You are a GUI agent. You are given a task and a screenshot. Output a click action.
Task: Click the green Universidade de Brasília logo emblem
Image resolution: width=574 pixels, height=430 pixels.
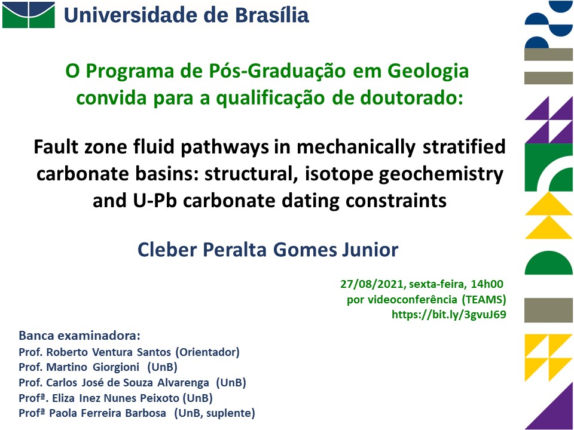[x=29, y=15]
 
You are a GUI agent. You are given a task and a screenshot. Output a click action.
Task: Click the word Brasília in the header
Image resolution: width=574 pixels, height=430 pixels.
[x=272, y=16]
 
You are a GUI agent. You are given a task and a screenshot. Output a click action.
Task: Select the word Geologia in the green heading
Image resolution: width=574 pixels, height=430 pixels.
[x=428, y=72]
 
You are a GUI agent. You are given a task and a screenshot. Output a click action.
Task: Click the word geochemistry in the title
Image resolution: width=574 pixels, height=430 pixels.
[x=441, y=174]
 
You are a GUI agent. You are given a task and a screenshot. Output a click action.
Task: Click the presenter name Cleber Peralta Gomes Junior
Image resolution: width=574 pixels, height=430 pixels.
[x=268, y=250]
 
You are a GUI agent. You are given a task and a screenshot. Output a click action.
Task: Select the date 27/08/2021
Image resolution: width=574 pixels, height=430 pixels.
[x=372, y=284]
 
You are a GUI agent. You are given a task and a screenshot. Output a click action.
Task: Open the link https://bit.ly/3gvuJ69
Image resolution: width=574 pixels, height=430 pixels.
[x=449, y=315]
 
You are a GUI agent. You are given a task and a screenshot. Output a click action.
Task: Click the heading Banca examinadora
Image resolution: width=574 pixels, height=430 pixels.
[x=80, y=336]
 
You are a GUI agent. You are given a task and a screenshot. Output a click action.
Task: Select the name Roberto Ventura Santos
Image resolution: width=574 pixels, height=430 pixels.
[x=109, y=352]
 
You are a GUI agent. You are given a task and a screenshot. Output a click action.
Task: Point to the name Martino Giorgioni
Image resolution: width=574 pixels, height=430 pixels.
[x=93, y=367]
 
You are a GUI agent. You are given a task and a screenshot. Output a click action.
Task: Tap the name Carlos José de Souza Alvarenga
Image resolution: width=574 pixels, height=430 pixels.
[x=128, y=382]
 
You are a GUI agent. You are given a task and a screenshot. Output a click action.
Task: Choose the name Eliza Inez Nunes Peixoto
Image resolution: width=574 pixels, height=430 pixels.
[x=115, y=398]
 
